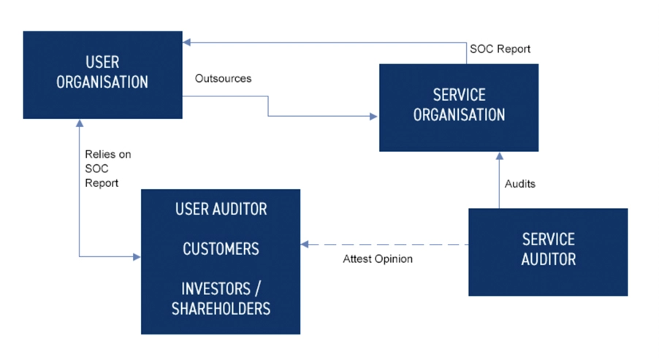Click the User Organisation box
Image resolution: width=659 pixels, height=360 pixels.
[102, 74]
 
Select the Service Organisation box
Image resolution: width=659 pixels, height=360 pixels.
[459, 107]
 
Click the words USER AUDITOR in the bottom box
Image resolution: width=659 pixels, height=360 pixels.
[221, 210]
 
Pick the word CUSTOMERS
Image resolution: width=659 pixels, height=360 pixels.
[221, 249]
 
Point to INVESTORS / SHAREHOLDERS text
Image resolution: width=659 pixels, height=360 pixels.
[221, 298]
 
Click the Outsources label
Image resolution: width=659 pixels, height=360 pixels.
[223, 78]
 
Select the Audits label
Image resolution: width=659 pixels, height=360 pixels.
[519, 183]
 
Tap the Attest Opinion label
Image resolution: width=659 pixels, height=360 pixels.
[378, 258]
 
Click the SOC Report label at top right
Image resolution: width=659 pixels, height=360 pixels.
[500, 49]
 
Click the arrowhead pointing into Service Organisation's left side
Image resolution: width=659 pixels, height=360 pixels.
[374, 115]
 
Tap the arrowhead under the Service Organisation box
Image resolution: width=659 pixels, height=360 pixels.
[500, 156]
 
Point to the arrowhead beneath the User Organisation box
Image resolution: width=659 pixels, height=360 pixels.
[79, 124]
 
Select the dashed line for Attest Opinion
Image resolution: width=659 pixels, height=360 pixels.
[387, 245]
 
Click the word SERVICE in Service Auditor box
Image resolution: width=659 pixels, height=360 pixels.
[548, 240]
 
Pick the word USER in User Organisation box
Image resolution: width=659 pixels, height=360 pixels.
[102, 63]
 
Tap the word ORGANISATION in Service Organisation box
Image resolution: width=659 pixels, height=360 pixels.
[459, 115]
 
